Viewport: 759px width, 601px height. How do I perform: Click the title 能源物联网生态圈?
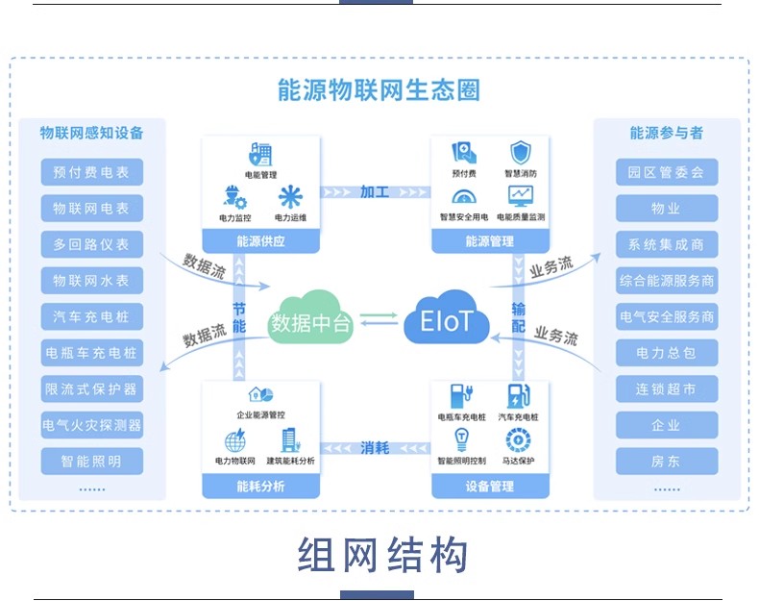click(x=379, y=90)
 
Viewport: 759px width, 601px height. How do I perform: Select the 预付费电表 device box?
click(x=92, y=173)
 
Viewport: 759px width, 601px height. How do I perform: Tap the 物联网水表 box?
click(x=92, y=281)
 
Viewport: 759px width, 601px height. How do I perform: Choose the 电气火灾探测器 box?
click(x=92, y=424)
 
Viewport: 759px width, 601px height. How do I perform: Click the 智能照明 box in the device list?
click(x=92, y=461)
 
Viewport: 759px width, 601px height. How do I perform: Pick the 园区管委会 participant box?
click(x=666, y=173)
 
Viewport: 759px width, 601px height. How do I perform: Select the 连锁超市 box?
click(x=666, y=388)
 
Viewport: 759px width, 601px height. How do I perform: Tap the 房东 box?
click(x=666, y=461)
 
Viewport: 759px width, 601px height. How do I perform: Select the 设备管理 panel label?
click(x=490, y=487)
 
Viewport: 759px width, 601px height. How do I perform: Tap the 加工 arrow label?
click(x=375, y=192)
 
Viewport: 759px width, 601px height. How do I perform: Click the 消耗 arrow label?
click(x=375, y=447)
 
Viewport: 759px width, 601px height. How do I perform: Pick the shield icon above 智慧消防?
click(x=521, y=153)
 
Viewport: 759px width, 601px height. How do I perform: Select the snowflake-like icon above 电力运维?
click(x=290, y=197)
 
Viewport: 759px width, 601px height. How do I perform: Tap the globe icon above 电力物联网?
click(x=235, y=441)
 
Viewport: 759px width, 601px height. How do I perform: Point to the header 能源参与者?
click(x=666, y=133)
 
